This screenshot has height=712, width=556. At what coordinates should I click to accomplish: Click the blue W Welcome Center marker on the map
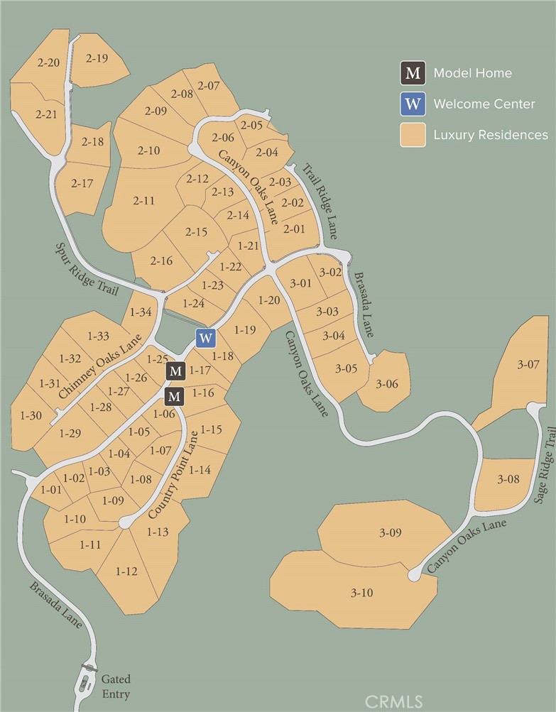205,338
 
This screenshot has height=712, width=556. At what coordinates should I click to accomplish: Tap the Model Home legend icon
413,72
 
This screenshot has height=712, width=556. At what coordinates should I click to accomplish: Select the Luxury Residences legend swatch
413,134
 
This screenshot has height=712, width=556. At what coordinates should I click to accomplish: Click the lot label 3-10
361,593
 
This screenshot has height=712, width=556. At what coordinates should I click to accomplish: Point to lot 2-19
97,58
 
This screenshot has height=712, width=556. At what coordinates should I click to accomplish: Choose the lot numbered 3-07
528,365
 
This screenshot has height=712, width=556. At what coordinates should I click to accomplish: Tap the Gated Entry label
116,686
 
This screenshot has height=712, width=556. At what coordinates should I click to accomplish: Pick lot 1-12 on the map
126,571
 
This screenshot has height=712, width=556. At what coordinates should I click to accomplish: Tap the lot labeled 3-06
387,384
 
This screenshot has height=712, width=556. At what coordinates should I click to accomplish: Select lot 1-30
31,415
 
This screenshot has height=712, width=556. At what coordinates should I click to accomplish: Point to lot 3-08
508,479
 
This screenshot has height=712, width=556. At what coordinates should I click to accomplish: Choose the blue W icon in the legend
413,104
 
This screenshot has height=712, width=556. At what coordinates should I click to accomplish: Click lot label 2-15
196,231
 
